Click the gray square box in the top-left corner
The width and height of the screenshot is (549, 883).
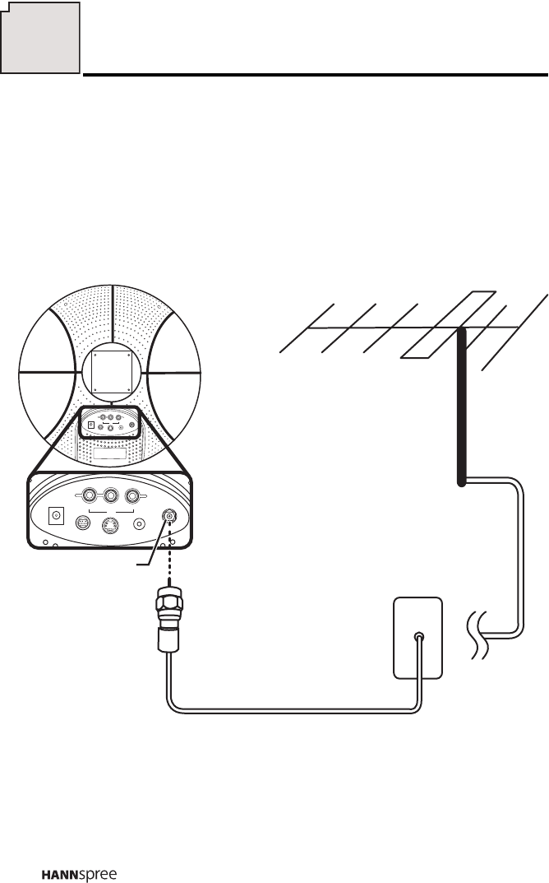pos(41,38)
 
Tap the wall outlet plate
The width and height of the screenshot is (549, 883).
pos(418,637)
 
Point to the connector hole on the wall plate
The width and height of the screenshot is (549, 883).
pos(419,636)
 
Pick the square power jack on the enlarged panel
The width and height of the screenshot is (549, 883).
pos(57,516)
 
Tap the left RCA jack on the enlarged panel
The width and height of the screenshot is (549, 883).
pos(85,496)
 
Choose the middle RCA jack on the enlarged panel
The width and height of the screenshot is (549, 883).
pos(108,496)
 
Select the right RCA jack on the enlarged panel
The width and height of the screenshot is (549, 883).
pos(131,496)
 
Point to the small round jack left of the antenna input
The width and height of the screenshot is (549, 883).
pos(140,521)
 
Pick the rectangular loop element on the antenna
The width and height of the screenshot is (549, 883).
pos(447,324)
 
